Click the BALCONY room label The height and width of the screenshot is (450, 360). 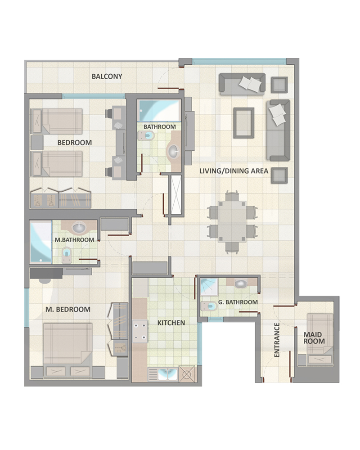[107, 76]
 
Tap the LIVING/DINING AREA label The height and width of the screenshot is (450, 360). [234, 171]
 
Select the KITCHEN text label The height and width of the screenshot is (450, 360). [171, 323]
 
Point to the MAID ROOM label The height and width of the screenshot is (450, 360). [314, 338]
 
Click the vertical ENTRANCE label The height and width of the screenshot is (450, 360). [277, 340]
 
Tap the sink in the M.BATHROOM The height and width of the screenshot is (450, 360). [79, 228]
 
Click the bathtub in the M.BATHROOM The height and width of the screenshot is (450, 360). [41, 242]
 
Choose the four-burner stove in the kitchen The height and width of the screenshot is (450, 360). [140, 332]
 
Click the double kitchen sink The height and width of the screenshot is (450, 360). [167, 374]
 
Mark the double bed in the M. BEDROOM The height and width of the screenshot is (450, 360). [68, 350]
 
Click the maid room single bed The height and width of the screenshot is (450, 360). [320, 340]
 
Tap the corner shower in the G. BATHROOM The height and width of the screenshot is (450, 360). [209, 286]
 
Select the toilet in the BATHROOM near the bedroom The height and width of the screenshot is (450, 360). [146, 136]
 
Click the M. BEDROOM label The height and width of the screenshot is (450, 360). [68, 310]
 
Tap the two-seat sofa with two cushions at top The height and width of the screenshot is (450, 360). [242, 83]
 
